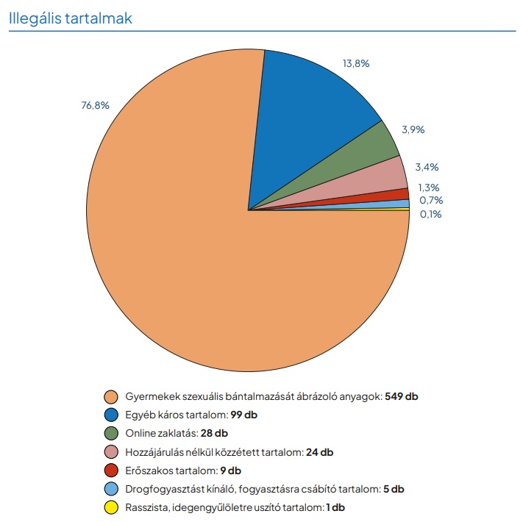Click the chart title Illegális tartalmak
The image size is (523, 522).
pyautogui.click(x=71, y=18)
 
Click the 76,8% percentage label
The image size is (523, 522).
pyautogui.click(x=95, y=105)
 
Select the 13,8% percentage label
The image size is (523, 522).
pyautogui.click(x=356, y=64)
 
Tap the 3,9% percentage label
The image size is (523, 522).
pyautogui.click(x=413, y=129)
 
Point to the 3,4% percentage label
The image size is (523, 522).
pyautogui.click(x=427, y=168)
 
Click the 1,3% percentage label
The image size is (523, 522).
pyautogui.click(x=430, y=187)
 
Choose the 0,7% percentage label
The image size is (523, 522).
pyautogui.click(x=431, y=201)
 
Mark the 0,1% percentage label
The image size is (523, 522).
pyautogui.click(x=431, y=214)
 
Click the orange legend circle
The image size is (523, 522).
pyautogui.click(x=112, y=396)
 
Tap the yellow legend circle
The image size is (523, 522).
pyautogui.click(x=112, y=507)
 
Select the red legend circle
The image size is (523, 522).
pyautogui.click(x=112, y=471)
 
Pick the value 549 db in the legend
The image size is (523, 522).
pyautogui.click(x=402, y=396)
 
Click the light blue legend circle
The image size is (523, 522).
pyautogui.click(x=112, y=489)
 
